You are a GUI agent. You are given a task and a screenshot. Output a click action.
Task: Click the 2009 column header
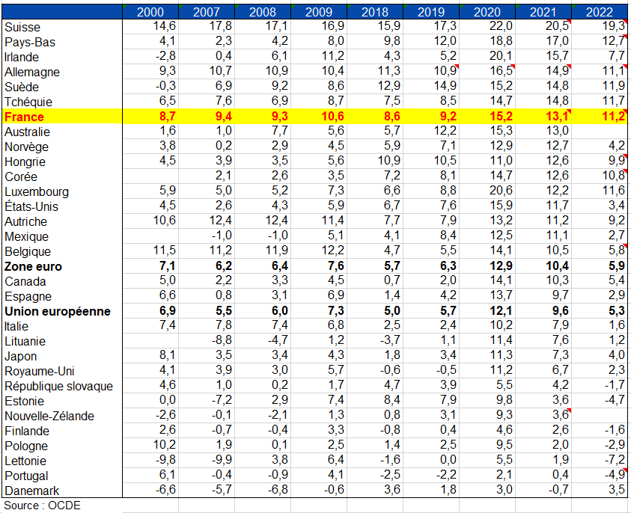318,12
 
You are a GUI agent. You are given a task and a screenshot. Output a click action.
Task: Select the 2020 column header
487,12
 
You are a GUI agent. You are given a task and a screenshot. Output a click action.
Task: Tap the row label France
25,117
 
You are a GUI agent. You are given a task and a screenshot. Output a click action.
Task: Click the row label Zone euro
34,266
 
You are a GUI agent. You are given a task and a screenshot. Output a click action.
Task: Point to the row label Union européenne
57,311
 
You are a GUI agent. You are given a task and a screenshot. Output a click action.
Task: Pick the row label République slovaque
58,386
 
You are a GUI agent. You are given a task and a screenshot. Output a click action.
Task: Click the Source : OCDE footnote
42,506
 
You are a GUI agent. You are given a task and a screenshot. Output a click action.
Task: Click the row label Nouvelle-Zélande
49,416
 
